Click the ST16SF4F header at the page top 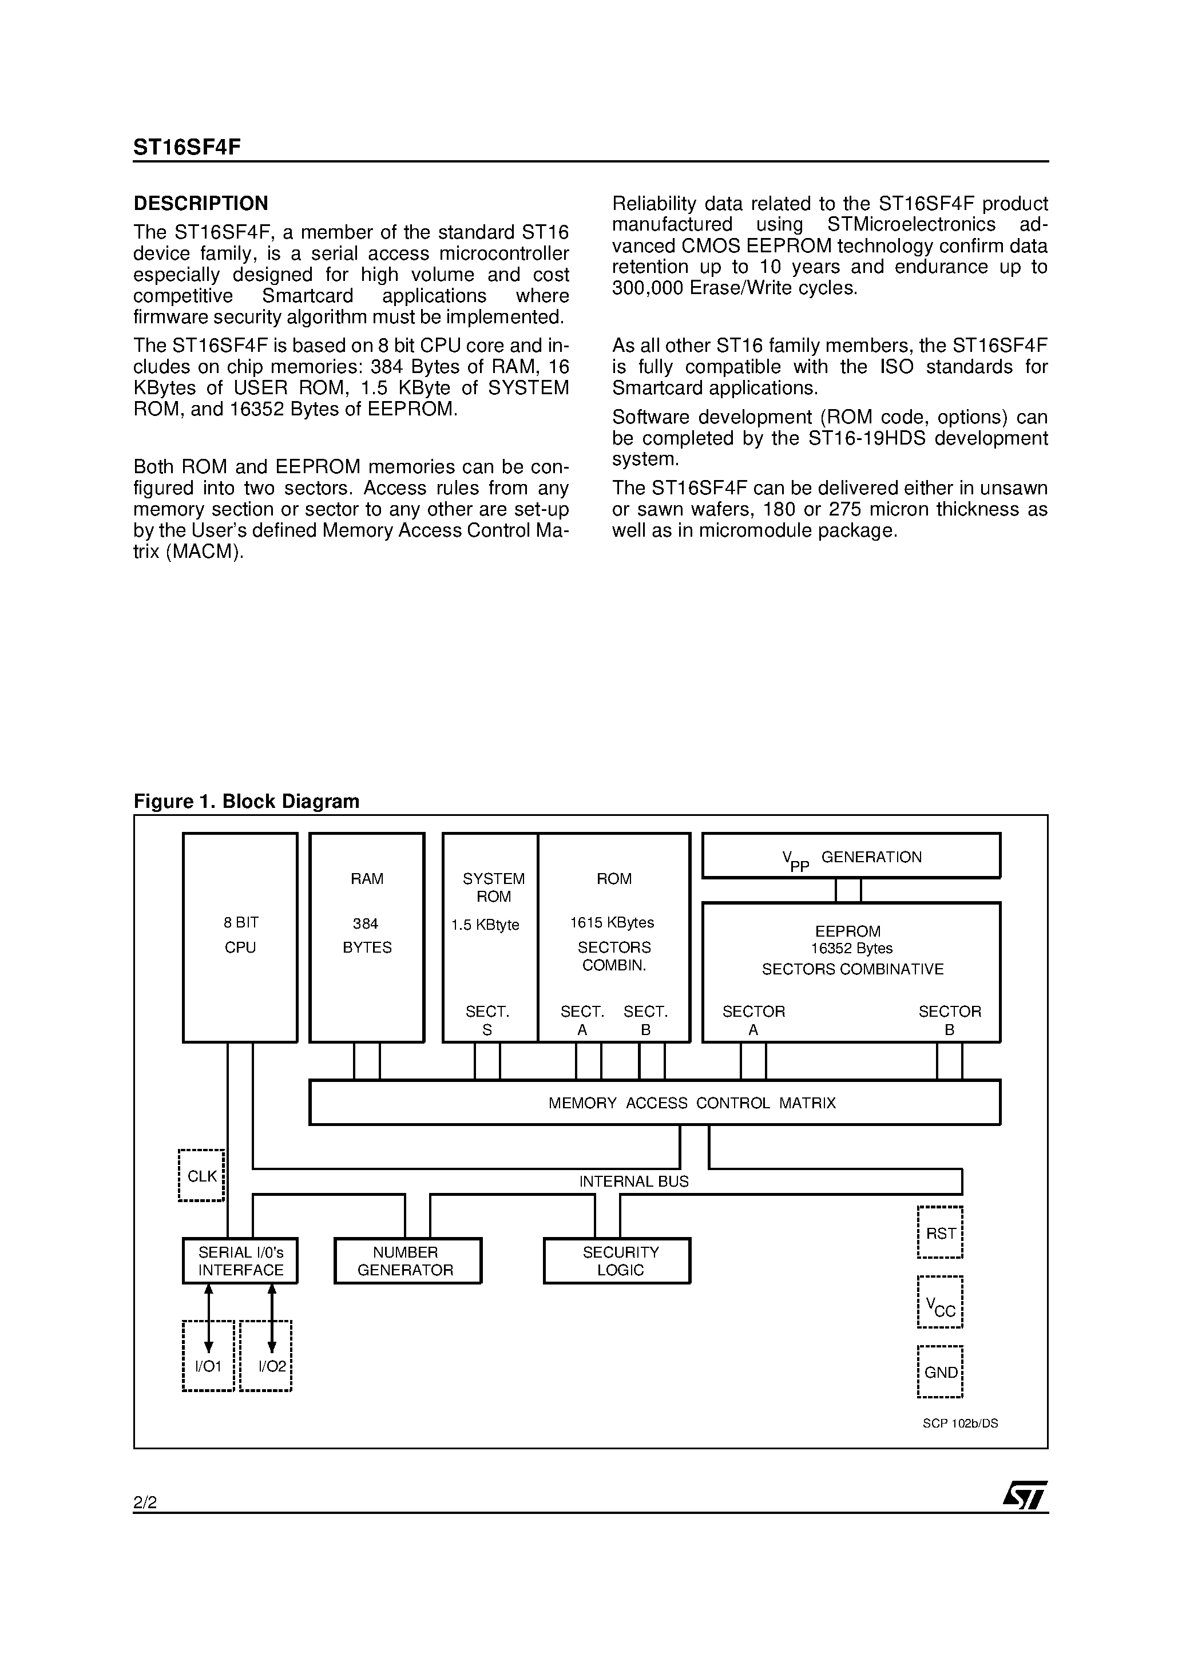click(187, 147)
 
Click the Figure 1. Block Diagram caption click(247, 802)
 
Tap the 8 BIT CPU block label click(240, 935)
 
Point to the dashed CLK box click(201, 1175)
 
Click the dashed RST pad click(940, 1233)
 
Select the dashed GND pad click(940, 1372)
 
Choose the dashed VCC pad click(940, 1303)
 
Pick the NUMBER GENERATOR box click(407, 1261)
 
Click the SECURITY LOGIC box click(617, 1261)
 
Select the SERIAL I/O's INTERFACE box click(240, 1261)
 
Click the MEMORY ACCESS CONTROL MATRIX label click(692, 1103)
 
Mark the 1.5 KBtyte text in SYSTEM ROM click(485, 925)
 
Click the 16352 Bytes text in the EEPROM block click(852, 949)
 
